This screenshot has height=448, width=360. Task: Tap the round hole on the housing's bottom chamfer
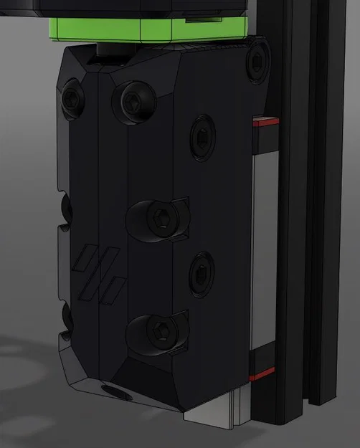115,392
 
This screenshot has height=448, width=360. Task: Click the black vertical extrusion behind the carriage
301,215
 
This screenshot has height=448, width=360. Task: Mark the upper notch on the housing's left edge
65,207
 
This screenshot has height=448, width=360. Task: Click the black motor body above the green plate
143,7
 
